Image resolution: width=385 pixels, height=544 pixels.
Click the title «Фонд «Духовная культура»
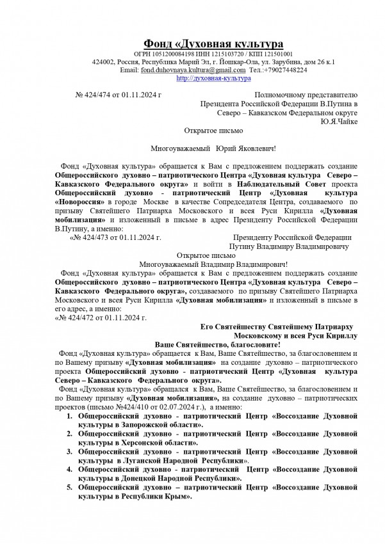click(x=212, y=43)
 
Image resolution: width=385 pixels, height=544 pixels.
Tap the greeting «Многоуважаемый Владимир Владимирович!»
click(x=213, y=262)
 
